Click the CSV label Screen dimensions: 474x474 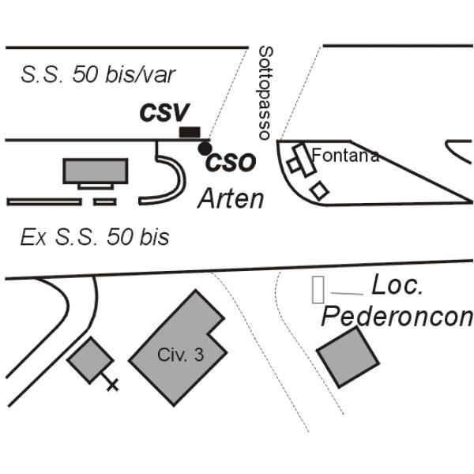[165, 112]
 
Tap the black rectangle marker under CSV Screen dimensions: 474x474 [190, 132]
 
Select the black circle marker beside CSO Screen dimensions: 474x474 [205, 149]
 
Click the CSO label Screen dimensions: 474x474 [231, 162]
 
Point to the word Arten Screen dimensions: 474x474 [231, 198]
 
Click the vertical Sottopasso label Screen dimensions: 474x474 [265, 92]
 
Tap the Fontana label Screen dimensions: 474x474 [345, 156]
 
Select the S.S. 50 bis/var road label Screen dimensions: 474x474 [98, 75]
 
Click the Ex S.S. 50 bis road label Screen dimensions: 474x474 [95, 237]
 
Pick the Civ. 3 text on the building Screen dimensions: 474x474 [180, 354]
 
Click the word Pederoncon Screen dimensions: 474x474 [397, 317]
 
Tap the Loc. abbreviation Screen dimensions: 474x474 [397, 284]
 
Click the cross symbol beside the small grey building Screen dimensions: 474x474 [112, 385]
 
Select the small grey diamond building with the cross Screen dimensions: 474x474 [90, 360]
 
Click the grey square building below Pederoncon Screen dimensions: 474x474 [348, 357]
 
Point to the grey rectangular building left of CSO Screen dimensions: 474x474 [96, 171]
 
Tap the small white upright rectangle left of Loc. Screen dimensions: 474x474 [318, 289]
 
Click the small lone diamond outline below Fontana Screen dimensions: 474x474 [319, 190]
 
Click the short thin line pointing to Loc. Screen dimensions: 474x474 [347, 294]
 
